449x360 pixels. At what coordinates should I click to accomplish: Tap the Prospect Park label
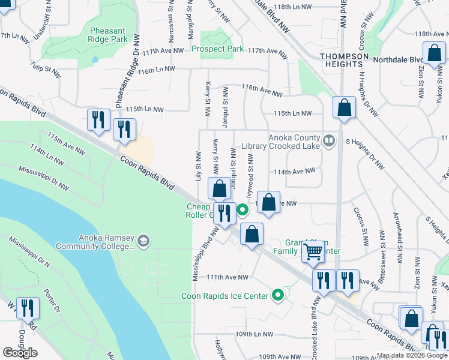point(218,49)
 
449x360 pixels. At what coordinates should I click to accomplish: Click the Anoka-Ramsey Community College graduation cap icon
point(143,241)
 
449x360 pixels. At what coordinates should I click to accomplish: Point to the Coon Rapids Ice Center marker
point(277,295)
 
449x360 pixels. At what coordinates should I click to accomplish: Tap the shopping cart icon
point(313,252)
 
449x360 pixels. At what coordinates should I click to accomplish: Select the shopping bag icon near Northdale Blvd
point(433,53)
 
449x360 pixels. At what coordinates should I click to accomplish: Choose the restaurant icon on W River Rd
point(28,308)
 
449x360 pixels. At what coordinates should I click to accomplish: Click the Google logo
point(20,353)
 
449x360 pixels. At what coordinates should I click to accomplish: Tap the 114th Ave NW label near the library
point(295,171)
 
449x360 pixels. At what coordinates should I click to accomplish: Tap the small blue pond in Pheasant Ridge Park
point(95,60)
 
